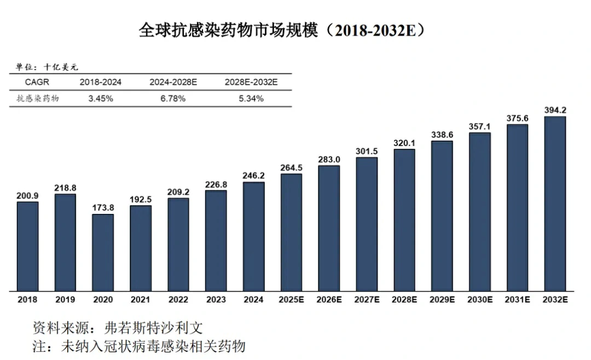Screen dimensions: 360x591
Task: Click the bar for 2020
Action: pos(103,252)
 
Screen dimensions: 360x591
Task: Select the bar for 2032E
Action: pos(555,203)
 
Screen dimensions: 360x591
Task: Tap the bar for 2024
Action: pos(253,236)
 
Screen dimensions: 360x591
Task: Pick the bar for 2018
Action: pos(27,246)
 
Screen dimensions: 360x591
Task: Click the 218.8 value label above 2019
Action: pos(65,188)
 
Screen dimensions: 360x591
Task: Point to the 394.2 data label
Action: pos(555,110)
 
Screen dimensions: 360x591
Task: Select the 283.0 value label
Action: pos(329,159)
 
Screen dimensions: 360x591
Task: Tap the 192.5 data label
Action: pos(141,200)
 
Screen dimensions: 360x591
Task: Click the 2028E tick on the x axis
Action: pos(404,300)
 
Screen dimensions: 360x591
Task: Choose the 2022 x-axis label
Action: pos(178,300)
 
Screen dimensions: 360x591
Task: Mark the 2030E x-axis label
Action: pos(480,300)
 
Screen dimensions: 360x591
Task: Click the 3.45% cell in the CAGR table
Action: pos(101,98)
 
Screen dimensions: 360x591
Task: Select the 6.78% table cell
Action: pos(173,98)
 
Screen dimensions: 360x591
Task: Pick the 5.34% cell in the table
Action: pos(252,98)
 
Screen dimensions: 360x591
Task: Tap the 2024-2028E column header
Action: pos(173,82)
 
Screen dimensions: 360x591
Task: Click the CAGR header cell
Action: pos(37,82)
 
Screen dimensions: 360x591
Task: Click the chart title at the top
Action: pos(282,31)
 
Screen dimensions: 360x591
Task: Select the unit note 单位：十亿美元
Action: pos(47,67)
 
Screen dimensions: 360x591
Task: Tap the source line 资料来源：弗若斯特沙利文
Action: pos(118,328)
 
